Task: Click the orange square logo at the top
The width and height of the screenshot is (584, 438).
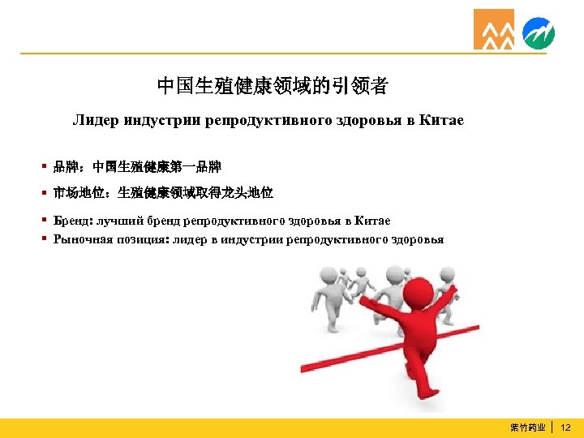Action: pos(494,29)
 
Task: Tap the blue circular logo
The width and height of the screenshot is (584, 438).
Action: pos(539,33)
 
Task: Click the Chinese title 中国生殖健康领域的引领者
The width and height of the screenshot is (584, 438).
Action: pos(272,86)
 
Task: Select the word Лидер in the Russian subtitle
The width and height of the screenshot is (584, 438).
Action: pos(96,121)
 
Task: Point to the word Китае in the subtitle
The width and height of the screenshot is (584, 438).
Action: pos(442,121)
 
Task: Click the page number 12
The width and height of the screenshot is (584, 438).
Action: pos(566,427)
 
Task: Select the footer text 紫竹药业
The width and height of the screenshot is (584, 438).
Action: pos(528,427)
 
